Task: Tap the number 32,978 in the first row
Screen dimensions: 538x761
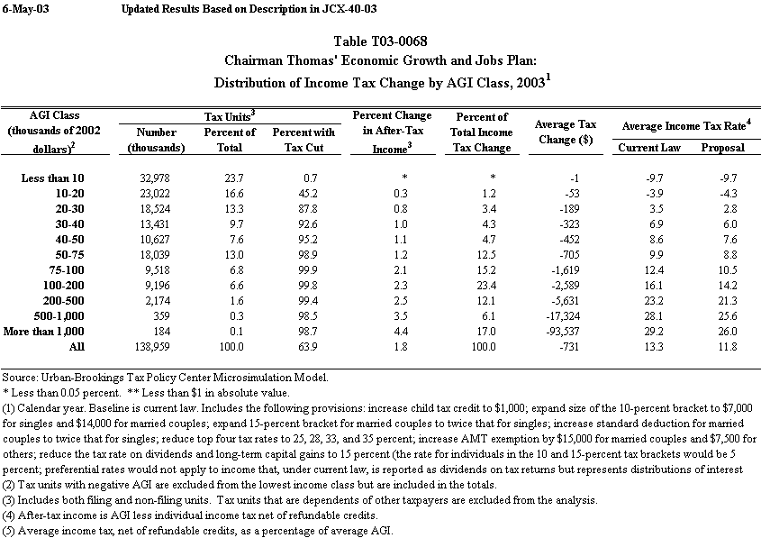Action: pyautogui.click(x=165, y=178)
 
